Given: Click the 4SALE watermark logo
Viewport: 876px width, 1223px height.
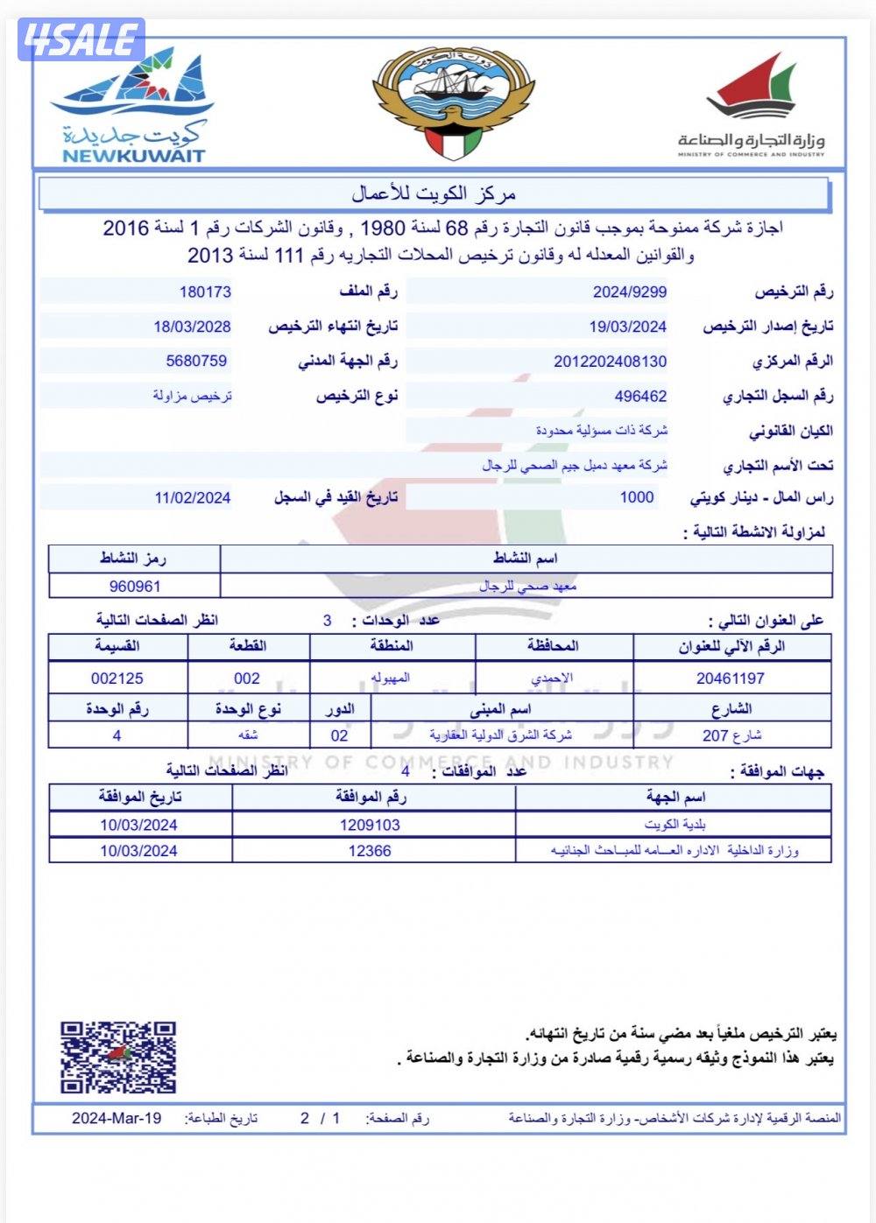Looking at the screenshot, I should [x=82, y=40].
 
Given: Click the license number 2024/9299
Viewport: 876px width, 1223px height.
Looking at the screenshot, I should [x=629, y=292].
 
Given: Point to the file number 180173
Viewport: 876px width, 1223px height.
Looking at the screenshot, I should [x=205, y=292].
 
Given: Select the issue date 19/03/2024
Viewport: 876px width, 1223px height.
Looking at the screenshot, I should [x=627, y=327].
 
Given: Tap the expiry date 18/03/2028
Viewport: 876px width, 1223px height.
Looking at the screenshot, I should [x=192, y=327].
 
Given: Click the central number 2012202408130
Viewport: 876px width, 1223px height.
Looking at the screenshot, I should [x=610, y=361].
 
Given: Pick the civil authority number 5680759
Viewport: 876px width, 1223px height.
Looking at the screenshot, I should [x=196, y=361].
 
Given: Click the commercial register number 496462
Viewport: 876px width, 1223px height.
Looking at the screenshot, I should [x=640, y=396].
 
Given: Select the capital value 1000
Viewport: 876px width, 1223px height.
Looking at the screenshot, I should [x=637, y=497].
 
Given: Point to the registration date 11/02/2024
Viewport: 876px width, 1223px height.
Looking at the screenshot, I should [x=192, y=497].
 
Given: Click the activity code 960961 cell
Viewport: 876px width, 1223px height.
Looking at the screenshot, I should [x=135, y=587].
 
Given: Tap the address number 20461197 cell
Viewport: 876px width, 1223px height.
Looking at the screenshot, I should [x=731, y=678].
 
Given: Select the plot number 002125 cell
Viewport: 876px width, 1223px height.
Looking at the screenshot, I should [x=117, y=678].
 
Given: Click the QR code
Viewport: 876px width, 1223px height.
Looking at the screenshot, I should [x=118, y=1057].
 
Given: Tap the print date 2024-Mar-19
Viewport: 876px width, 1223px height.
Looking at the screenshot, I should [x=117, y=1118].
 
